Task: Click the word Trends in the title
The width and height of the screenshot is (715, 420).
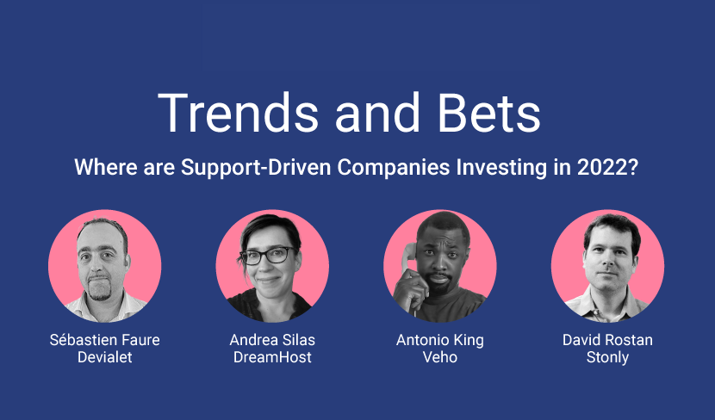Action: (238, 113)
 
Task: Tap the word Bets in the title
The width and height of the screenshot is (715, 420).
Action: (488, 113)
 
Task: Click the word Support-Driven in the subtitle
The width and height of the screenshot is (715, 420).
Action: (256, 168)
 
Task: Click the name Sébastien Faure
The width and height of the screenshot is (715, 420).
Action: (105, 340)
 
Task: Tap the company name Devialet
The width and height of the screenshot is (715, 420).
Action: (105, 357)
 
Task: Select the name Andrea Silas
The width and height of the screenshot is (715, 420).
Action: (272, 340)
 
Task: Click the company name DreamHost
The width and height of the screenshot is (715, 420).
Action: (272, 357)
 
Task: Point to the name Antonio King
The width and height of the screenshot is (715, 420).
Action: (440, 340)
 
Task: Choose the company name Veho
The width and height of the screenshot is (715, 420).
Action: (440, 357)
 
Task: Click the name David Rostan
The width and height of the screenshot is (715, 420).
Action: (607, 340)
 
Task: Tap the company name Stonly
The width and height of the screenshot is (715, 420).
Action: (607, 357)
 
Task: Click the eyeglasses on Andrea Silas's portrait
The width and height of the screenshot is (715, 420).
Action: (268, 256)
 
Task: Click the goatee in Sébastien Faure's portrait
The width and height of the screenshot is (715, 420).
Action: (100, 289)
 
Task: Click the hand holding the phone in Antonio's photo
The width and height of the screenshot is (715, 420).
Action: (410, 289)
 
